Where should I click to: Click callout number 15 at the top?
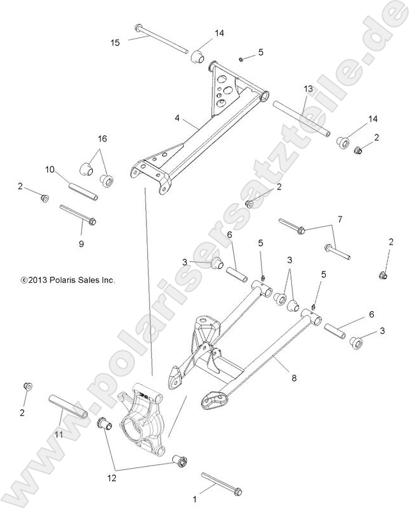115,42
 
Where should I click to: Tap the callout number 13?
308,88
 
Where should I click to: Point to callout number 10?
50,170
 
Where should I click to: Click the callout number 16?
102,138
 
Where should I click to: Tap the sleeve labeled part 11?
67,407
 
